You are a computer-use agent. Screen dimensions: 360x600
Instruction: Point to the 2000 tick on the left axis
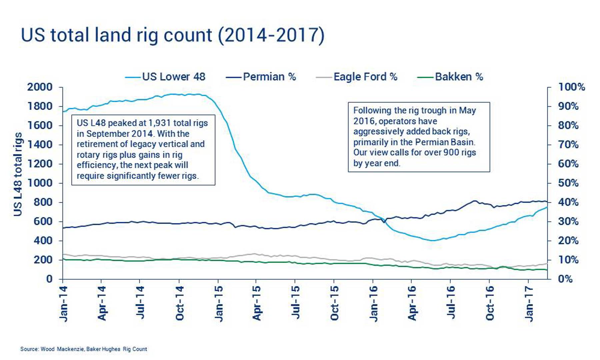point(40,87)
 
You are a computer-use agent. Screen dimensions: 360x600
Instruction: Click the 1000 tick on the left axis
point(40,183)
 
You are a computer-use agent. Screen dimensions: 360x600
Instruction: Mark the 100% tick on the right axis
point(572,87)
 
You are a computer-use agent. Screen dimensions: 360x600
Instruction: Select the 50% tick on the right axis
point(568,183)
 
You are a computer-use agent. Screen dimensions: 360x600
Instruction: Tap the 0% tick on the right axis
point(565,279)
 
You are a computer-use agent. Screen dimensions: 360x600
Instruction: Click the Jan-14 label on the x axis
point(63,304)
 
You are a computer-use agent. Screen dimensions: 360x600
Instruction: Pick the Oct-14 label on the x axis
point(180,303)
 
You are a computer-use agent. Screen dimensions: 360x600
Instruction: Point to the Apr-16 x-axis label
point(412,303)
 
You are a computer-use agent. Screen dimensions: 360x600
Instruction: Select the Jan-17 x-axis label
point(529,304)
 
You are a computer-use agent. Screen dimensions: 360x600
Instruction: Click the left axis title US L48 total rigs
point(18,174)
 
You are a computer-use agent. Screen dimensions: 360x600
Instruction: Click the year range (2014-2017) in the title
point(271,35)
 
